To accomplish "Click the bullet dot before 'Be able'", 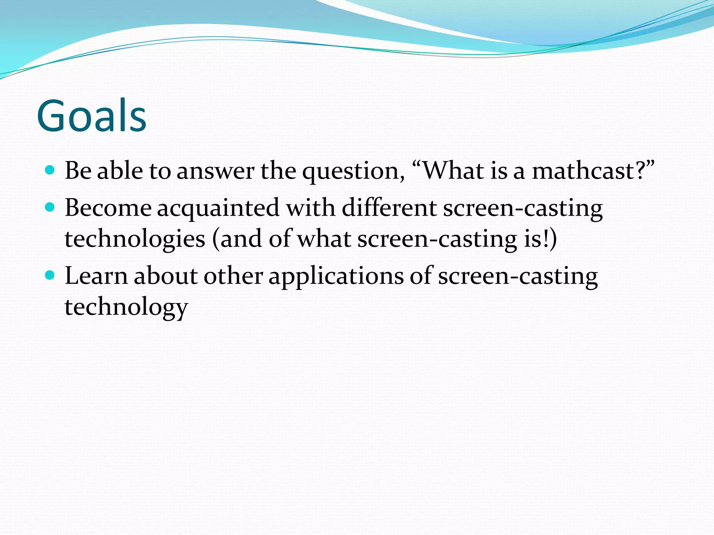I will [50, 170].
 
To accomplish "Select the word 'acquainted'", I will [218, 208].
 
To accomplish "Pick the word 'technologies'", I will [135, 240].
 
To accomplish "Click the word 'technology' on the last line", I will [126, 308].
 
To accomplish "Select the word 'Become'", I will [108, 208].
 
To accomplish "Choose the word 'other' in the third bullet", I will [233, 276].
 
